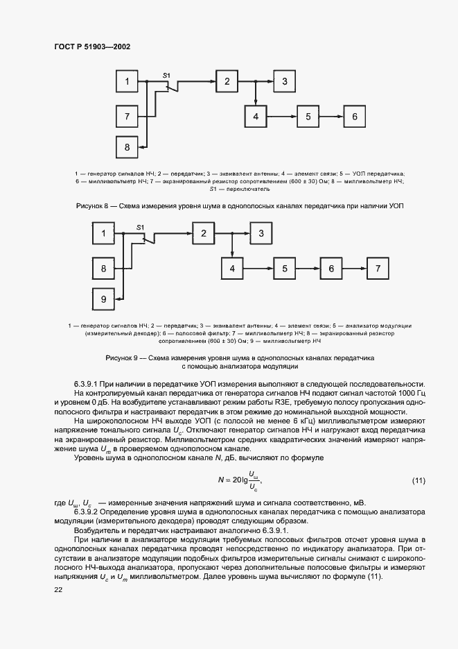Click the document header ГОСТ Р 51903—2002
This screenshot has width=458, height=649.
(91, 47)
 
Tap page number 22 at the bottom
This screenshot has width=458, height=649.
(58, 589)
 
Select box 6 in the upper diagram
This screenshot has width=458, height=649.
(354, 117)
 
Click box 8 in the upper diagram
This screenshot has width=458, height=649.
(127, 147)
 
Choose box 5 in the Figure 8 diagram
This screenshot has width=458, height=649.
(308, 117)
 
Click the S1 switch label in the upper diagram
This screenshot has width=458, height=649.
(166, 74)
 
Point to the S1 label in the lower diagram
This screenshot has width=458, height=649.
(140, 227)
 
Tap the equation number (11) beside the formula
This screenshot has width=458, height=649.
(418, 480)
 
